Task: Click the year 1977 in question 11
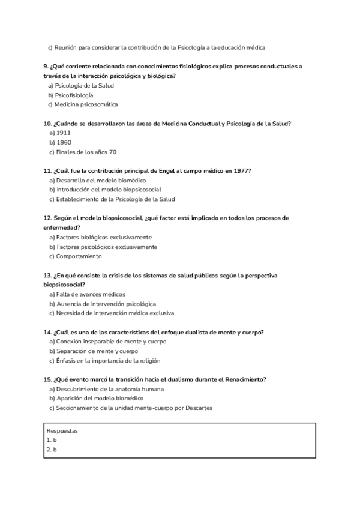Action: (x=242, y=170)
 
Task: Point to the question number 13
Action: (x=47, y=275)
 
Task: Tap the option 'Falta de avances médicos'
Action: (x=90, y=294)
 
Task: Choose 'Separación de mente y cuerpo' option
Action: (x=96, y=351)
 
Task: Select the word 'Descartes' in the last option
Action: (x=199, y=408)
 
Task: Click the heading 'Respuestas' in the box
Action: (x=62, y=430)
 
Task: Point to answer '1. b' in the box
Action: (x=52, y=440)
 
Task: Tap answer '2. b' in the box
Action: (x=52, y=449)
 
